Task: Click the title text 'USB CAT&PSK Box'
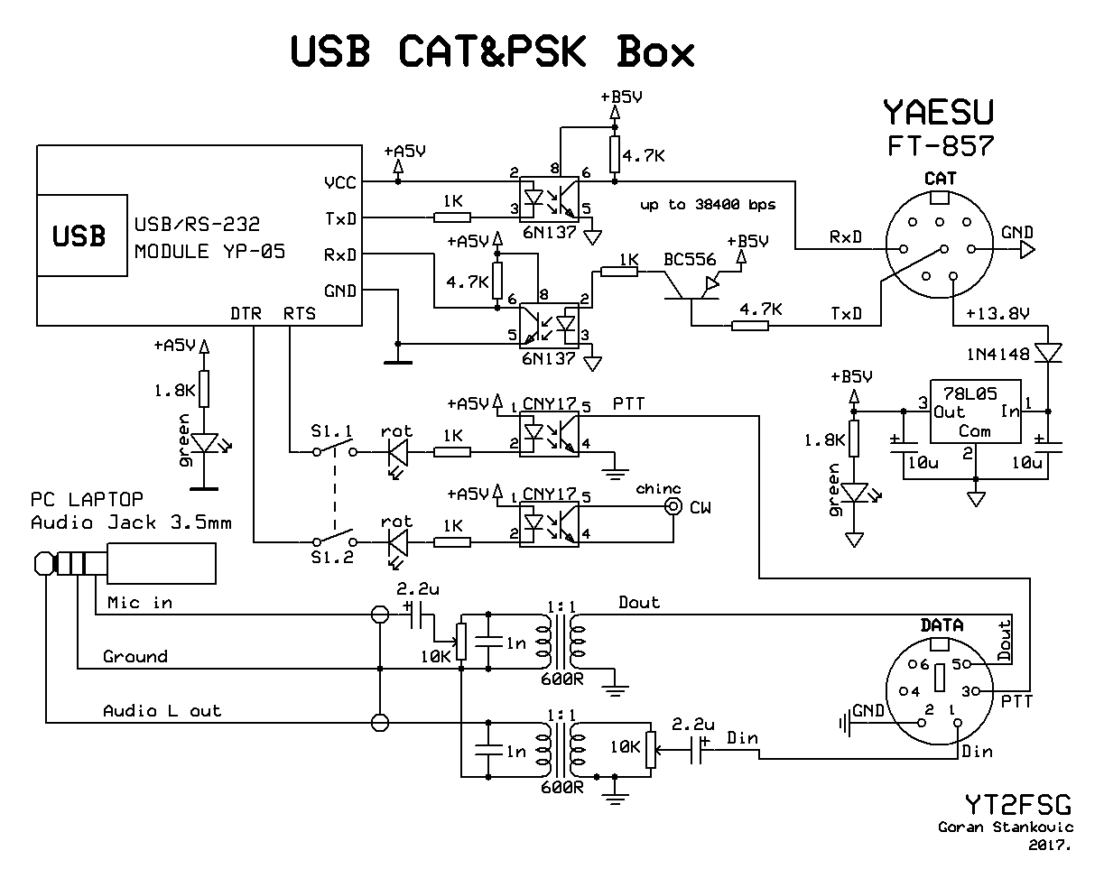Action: [x=492, y=51]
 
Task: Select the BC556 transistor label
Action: [x=690, y=260]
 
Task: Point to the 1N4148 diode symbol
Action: [x=1048, y=353]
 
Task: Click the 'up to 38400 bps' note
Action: [x=708, y=205]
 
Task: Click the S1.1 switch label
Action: [x=332, y=431]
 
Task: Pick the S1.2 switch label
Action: [x=332, y=557]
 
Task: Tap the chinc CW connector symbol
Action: [x=673, y=507]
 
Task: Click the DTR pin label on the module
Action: [x=246, y=313]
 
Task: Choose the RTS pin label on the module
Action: [x=300, y=313]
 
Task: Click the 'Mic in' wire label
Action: [x=140, y=602]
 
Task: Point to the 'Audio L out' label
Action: [x=162, y=711]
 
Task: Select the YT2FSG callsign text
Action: [x=1018, y=805]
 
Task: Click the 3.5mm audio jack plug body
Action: [x=161, y=563]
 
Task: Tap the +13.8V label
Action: [x=997, y=313]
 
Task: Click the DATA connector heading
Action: [x=942, y=625]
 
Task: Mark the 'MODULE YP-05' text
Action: [x=209, y=252]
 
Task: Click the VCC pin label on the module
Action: [x=340, y=182]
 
